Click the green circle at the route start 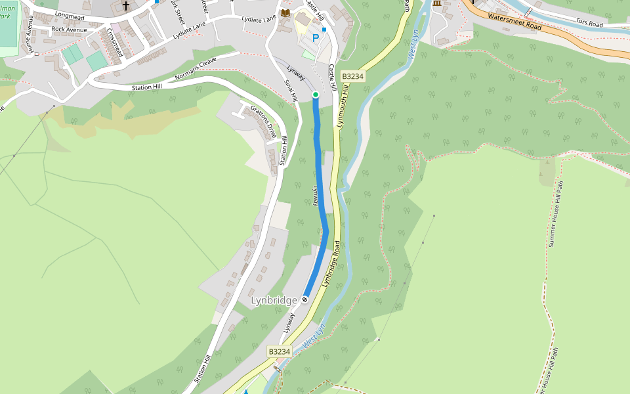(x=316, y=95)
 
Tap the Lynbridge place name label (x=274, y=300)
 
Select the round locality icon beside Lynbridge (x=305, y=300)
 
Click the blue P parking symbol (x=316, y=38)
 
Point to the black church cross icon (x=125, y=6)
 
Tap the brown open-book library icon (x=285, y=12)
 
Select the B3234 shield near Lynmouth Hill (x=352, y=76)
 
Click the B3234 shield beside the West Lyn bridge (x=279, y=352)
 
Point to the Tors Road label (x=589, y=24)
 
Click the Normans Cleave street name (x=195, y=70)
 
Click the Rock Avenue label (x=69, y=30)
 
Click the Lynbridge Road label (x=331, y=263)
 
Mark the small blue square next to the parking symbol (x=324, y=30)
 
